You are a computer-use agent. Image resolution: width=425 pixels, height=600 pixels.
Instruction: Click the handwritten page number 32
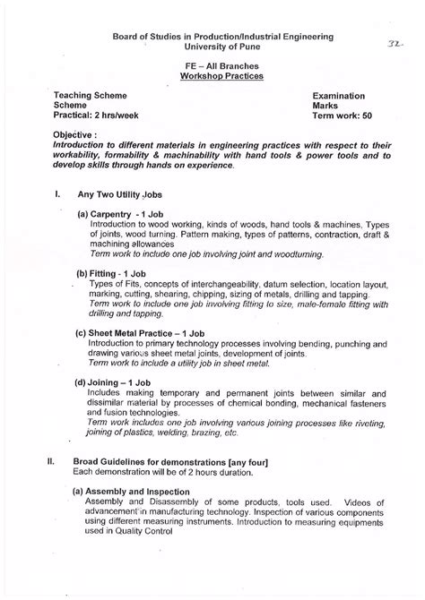393,42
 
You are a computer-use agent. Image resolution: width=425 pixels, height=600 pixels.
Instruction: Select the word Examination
339,94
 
